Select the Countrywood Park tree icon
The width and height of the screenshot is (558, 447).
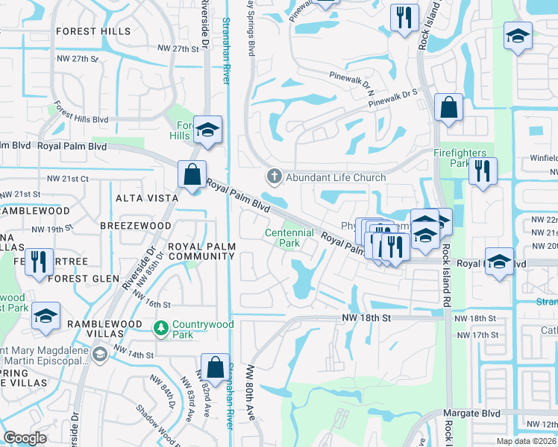160,328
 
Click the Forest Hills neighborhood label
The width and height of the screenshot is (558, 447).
93,31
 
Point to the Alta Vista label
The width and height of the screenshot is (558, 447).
147,198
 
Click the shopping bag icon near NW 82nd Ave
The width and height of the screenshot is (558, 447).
215,368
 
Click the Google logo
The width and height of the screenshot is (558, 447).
25,438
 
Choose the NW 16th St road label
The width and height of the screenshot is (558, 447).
153,305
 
